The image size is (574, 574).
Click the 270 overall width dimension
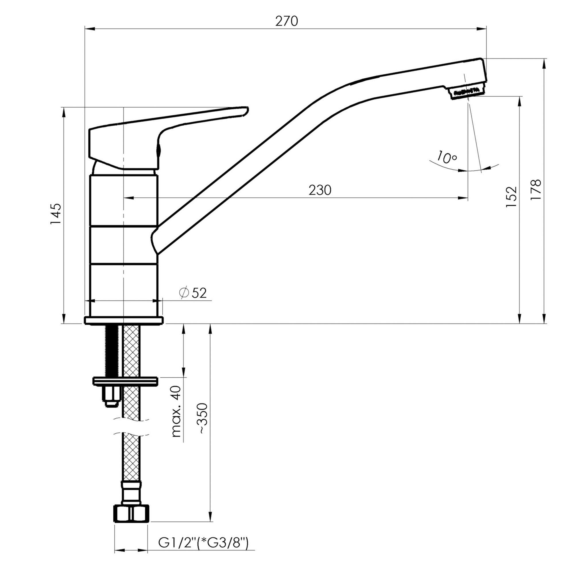coord(286,21)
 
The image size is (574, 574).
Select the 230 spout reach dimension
coord(320,190)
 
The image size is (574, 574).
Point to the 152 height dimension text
coord(511,197)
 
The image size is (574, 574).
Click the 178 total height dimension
coord(536,189)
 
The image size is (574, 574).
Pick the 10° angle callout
coord(447,157)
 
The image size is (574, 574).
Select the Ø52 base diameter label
coord(193,293)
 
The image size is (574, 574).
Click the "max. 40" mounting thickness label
coord(176,412)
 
